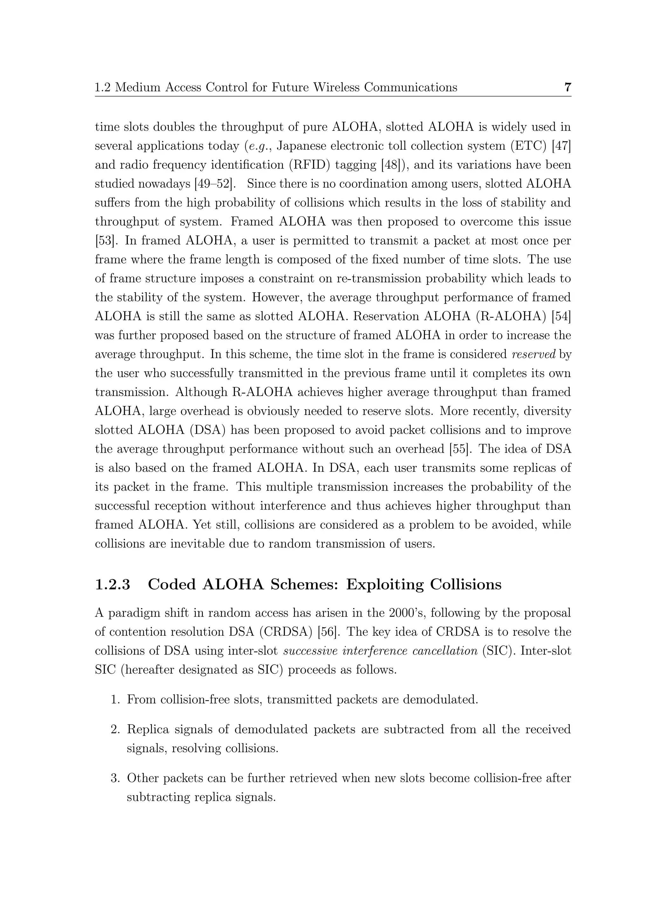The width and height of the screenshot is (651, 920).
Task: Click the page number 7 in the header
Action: tap(567, 87)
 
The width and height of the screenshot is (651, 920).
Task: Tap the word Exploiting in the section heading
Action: tap(384, 585)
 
